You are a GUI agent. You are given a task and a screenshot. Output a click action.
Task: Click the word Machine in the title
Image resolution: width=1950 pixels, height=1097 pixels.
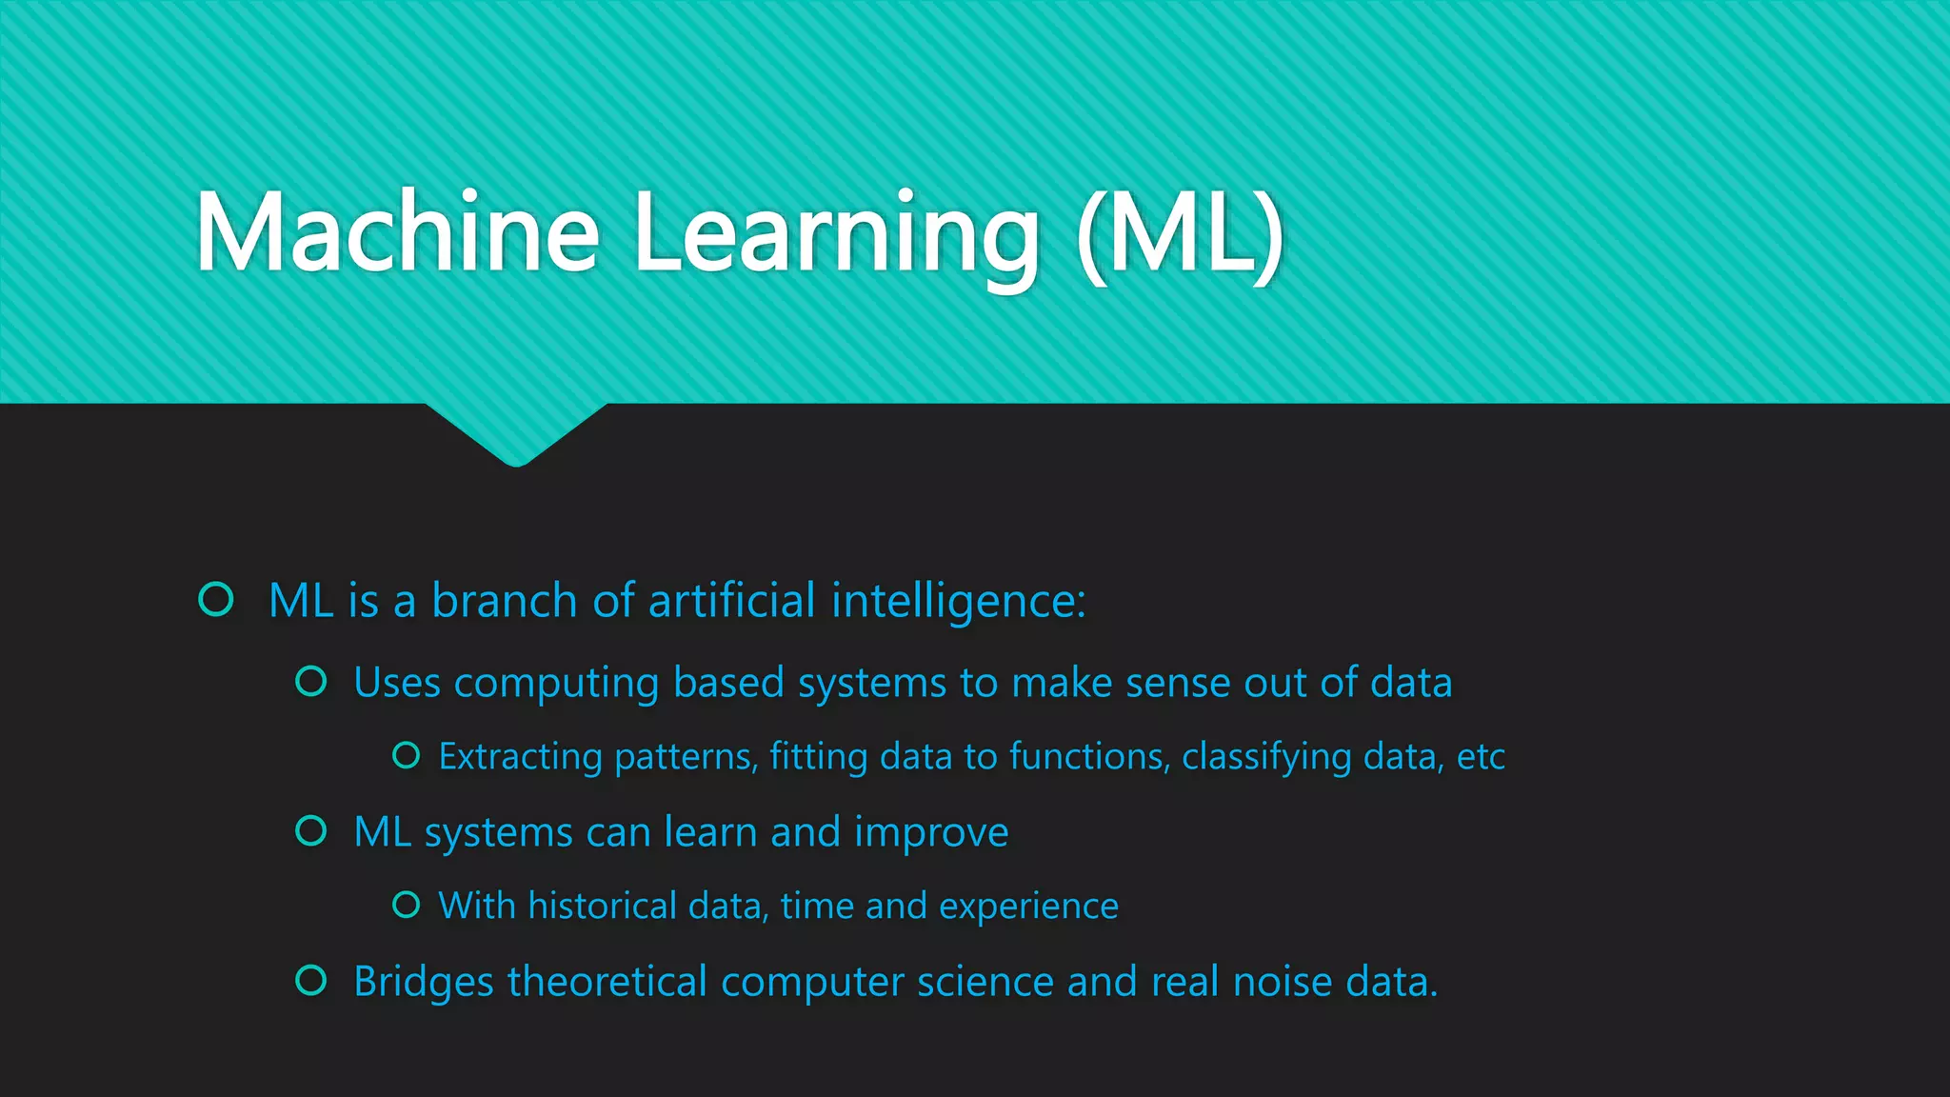point(397,233)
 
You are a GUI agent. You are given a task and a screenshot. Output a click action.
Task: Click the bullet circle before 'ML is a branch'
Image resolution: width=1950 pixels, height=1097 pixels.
point(216,599)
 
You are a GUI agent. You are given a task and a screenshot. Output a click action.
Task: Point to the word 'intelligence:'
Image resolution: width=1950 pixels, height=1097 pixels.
point(958,602)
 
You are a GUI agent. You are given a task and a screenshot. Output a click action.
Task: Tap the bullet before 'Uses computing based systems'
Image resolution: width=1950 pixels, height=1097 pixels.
point(311,681)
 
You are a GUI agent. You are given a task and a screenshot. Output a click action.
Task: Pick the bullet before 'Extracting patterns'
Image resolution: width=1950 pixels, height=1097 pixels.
point(407,755)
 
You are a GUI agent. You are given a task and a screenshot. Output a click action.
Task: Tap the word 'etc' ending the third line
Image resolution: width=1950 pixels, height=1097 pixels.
point(1481,757)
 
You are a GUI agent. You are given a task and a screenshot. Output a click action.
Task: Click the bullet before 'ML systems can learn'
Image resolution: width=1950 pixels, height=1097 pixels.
point(311,830)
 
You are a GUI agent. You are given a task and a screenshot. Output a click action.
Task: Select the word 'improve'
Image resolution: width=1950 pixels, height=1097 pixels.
point(931,833)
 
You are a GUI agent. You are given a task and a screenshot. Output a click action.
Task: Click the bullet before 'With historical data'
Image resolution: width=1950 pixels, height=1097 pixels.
point(407,904)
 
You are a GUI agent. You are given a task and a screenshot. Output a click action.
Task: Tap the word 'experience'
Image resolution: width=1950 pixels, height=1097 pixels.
point(1028,907)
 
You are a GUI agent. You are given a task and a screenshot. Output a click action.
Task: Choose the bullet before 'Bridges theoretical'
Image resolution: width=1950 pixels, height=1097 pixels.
point(311,980)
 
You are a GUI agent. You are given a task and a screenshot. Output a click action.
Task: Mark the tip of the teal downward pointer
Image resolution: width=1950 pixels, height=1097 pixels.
point(517,464)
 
